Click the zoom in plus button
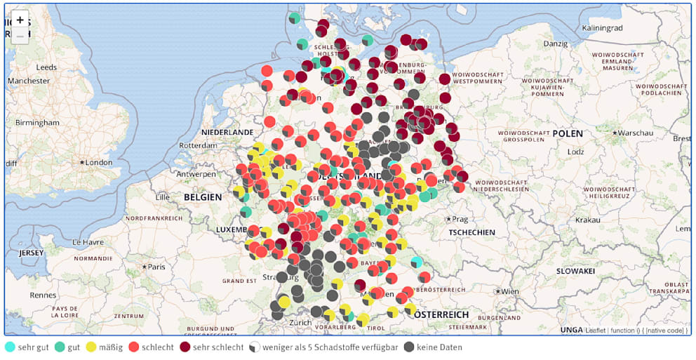point(20,20)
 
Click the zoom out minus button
point(20,35)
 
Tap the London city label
point(98,163)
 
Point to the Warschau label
point(635,133)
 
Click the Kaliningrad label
point(602,28)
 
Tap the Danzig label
point(554,44)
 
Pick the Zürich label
point(300,323)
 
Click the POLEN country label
point(568,133)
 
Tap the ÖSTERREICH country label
point(440,315)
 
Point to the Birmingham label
point(37,123)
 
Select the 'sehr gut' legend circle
point(10,347)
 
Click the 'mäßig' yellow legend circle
point(91,347)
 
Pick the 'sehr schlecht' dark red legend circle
point(185,347)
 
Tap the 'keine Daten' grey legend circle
point(409,347)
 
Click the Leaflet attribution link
point(596,330)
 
